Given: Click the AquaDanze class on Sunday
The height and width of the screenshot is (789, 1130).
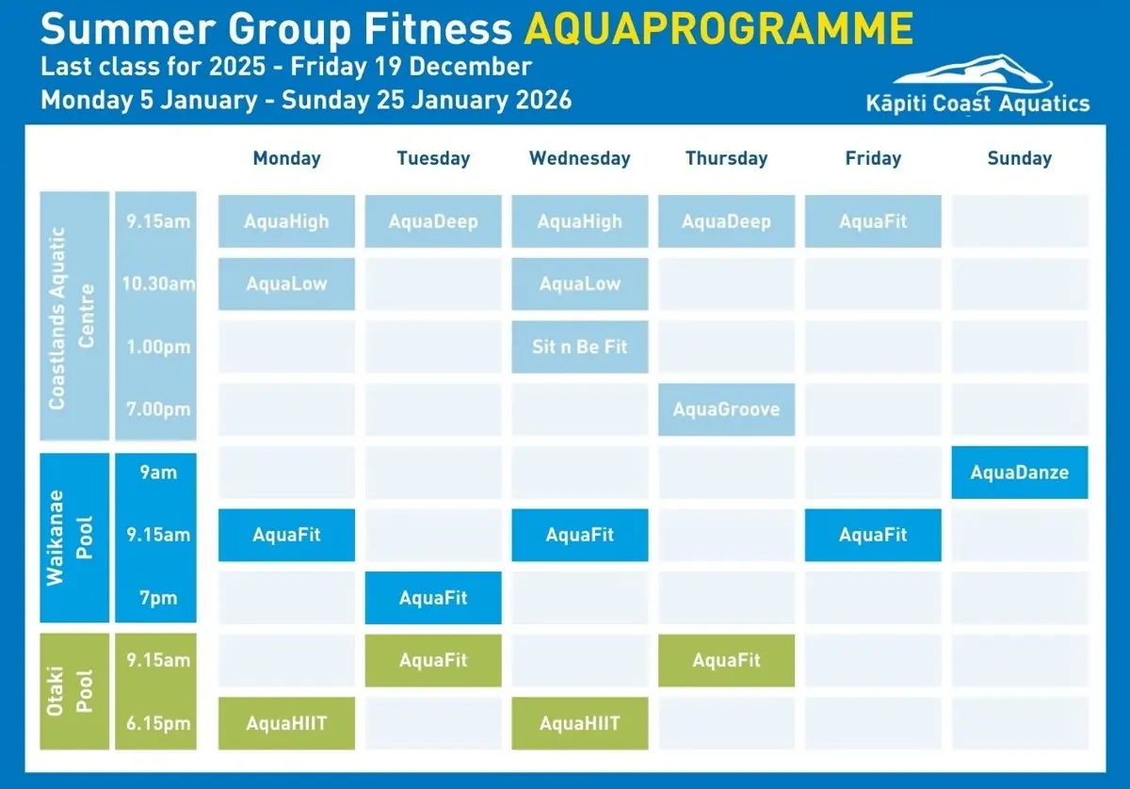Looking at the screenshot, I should pyautogui.click(x=1019, y=473).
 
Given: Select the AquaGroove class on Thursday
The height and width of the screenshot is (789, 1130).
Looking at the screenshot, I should pyautogui.click(x=726, y=410).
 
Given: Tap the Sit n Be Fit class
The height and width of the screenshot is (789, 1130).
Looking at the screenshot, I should pyautogui.click(x=579, y=346).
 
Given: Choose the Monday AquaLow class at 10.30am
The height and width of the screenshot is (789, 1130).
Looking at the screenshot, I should pyautogui.click(x=286, y=283).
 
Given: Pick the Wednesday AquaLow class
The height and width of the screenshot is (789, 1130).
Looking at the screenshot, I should pyautogui.click(x=579, y=283).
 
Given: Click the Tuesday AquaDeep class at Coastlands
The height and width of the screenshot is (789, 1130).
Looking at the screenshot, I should pyautogui.click(x=433, y=221).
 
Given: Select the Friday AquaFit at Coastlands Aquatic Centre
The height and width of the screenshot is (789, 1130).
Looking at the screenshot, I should pyautogui.click(x=873, y=221).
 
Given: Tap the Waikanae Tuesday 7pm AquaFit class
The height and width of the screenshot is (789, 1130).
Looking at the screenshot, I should pyautogui.click(x=433, y=598).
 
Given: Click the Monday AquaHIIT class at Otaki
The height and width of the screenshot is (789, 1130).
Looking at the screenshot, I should pyautogui.click(x=286, y=723).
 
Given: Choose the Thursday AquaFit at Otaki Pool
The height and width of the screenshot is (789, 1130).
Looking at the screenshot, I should pyautogui.click(x=726, y=660).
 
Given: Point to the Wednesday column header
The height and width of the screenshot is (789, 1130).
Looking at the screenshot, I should pyautogui.click(x=579, y=158).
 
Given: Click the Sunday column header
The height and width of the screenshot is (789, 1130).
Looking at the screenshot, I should pyautogui.click(x=1019, y=158).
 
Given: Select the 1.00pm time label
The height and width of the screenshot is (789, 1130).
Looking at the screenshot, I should pyautogui.click(x=158, y=346).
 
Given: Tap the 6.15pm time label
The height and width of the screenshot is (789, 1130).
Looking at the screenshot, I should pyautogui.click(x=158, y=723).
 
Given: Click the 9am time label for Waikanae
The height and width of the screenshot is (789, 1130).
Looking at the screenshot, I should pyautogui.click(x=158, y=473).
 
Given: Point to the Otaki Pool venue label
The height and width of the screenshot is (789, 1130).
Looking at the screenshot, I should pyautogui.click(x=74, y=691).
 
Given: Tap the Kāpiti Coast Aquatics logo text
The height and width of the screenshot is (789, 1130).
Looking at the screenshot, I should pyautogui.click(x=977, y=104).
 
